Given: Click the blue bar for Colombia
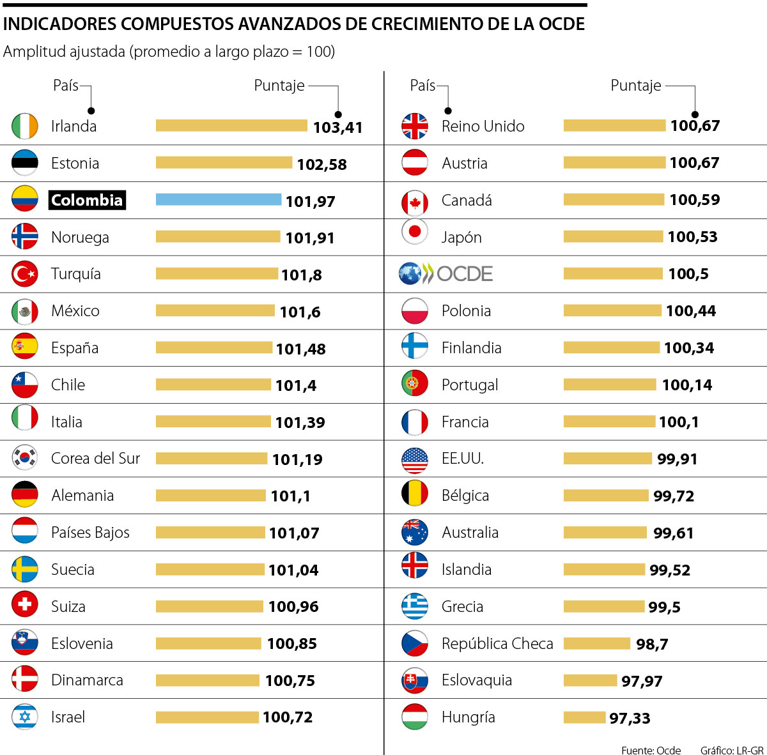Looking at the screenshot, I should [x=219, y=199].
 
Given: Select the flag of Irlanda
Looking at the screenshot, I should [x=25, y=126].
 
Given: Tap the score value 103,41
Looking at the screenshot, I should [x=337, y=127].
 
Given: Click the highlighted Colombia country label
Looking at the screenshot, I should [x=87, y=200].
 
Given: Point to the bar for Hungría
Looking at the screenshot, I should [x=584, y=717].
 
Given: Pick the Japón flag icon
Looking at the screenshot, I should [x=414, y=231].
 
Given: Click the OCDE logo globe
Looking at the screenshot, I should [x=410, y=273].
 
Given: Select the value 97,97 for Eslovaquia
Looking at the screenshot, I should [x=642, y=681].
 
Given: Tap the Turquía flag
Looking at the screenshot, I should [x=25, y=274].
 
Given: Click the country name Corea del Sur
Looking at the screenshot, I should [x=95, y=459].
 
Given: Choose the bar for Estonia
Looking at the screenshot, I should [x=224, y=163].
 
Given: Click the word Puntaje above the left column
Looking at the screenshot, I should [x=279, y=86].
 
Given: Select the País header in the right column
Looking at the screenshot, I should [x=422, y=86].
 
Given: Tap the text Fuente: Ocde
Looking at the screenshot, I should [x=651, y=750].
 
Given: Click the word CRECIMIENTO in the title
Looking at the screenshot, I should [x=436, y=24].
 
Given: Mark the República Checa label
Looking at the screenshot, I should [x=497, y=643].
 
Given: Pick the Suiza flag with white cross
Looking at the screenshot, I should [x=25, y=604].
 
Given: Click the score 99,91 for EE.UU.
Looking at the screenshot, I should [x=677, y=459].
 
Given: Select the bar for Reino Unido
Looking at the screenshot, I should [x=614, y=126].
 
